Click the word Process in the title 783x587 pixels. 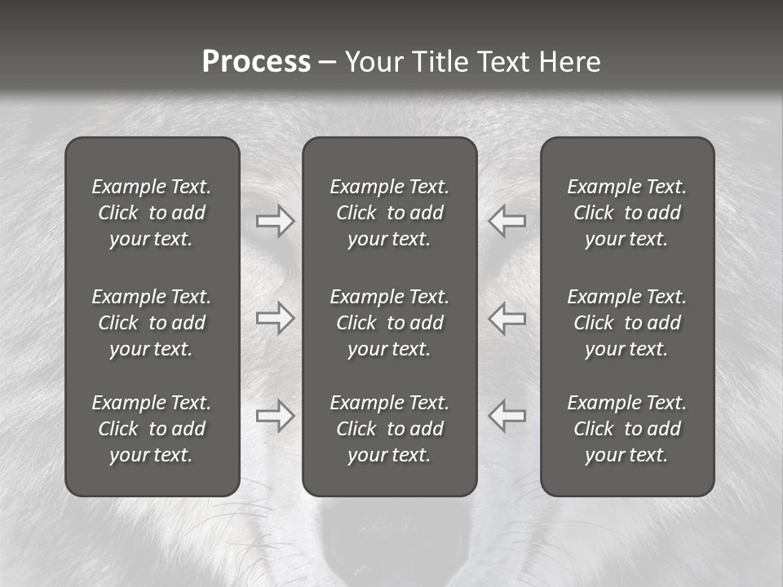pos(256,62)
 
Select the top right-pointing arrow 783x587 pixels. pos(275,221)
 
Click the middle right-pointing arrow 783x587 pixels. pos(275,318)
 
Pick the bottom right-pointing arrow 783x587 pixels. pos(275,415)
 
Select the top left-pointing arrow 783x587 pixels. pos(507,221)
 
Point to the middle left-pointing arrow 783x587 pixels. pos(507,318)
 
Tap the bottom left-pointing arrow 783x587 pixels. pos(507,415)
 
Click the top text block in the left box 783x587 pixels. pos(152,213)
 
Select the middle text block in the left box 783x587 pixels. pos(152,323)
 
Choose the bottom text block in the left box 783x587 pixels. pos(152,429)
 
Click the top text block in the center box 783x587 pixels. pos(390,213)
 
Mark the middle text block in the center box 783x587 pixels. pos(390,323)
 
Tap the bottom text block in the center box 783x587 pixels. pos(390,429)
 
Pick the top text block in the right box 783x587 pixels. pos(627,213)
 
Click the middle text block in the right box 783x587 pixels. pos(627,323)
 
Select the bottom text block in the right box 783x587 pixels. pos(627,429)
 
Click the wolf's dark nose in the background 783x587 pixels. pos(390,542)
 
